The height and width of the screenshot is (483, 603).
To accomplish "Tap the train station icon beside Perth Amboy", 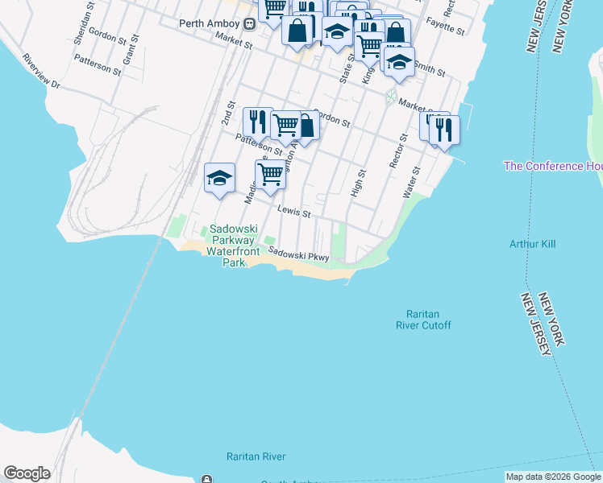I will click(251, 23).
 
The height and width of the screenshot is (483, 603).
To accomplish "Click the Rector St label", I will click(394, 152).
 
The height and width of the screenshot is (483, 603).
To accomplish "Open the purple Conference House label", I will click(553, 166).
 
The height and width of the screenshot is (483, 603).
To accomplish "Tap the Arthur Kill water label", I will click(532, 244).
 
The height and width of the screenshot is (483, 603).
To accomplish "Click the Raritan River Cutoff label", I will click(423, 320).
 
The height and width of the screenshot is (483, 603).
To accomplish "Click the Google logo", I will click(27, 473).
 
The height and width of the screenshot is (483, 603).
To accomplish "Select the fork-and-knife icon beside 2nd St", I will click(257, 122).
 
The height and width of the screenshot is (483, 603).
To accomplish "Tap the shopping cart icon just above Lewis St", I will click(270, 174).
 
